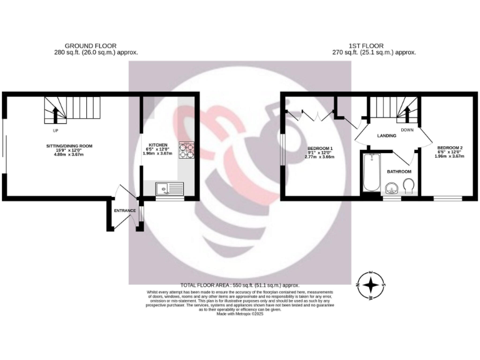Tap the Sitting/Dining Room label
click(x=69, y=146)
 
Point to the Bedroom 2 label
click(x=450, y=147)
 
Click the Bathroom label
click(x=399, y=171)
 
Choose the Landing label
click(x=387, y=135)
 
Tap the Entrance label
click(x=124, y=211)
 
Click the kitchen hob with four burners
click(x=187, y=150)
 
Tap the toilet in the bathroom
click(x=409, y=186)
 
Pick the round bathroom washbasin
click(x=392, y=186)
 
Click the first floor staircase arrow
click(x=407, y=114)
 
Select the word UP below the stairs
click(x=56, y=131)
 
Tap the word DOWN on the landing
click(x=407, y=130)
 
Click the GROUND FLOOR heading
click(x=87, y=46)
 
